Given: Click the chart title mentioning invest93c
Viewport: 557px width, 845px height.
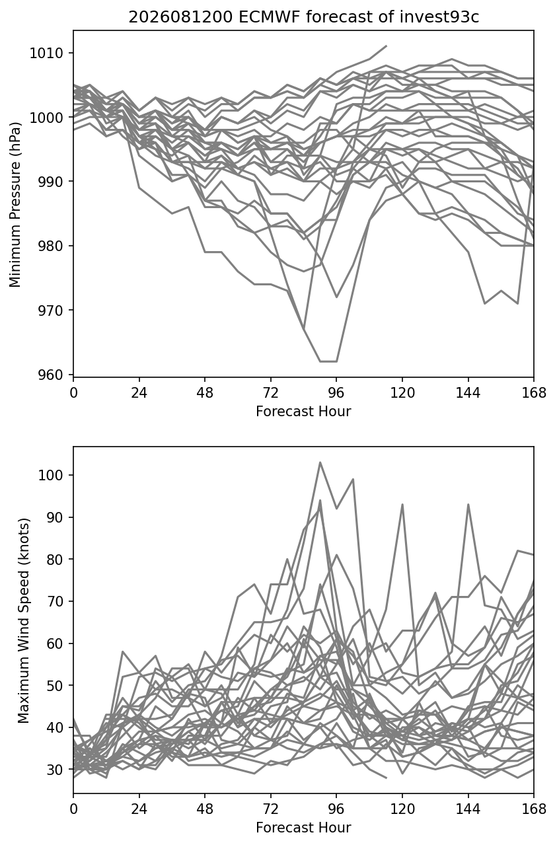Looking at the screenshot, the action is (303, 17).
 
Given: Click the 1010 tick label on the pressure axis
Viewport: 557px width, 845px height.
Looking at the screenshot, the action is (46, 54).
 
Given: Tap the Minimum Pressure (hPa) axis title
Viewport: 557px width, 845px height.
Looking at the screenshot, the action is (15, 204).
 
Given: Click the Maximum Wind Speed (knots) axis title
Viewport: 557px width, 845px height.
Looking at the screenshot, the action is (23, 620).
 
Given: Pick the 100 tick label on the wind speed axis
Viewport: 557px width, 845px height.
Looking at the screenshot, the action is (51, 475).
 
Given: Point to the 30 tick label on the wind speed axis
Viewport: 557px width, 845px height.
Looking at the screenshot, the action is (55, 769).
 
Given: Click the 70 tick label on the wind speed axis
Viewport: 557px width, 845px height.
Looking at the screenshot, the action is (55, 601).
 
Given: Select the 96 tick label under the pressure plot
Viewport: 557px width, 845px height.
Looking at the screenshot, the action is (336, 393).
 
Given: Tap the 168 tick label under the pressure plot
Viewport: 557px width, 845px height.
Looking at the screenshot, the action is (534, 393).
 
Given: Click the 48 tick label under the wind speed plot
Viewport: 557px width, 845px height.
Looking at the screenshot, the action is (205, 809).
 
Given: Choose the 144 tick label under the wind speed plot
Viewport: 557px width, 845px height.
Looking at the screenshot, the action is (468, 809).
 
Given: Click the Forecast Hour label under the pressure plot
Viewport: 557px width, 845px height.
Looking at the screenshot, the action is (303, 411).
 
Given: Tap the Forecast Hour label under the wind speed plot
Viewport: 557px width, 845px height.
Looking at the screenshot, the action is (303, 828).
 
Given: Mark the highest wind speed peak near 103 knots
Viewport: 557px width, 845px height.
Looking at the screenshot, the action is (320, 462).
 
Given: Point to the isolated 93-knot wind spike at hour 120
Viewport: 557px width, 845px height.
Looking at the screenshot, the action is (402, 504).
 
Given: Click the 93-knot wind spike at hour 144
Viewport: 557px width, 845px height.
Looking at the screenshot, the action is (468, 504).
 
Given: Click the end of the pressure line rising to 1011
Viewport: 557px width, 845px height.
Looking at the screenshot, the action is (386, 46).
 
